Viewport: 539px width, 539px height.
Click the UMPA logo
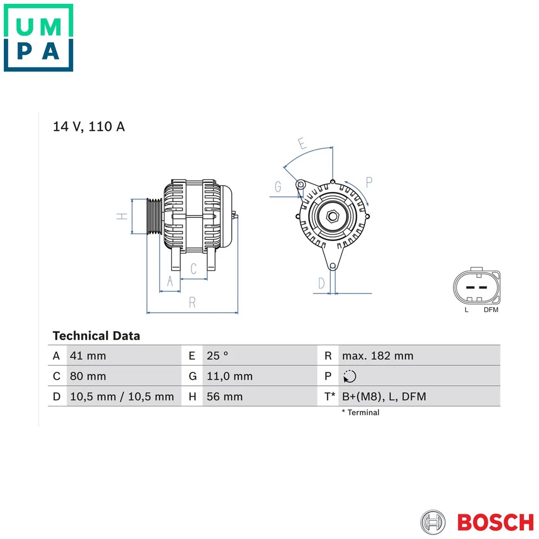(38, 38)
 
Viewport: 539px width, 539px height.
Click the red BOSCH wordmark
(495, 522)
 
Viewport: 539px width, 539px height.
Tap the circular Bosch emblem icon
(433, 522)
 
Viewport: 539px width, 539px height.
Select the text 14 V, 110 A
(89, 126)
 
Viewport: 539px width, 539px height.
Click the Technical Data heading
(96, 336)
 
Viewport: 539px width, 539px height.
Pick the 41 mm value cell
(88, 355)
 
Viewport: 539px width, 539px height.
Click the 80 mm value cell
(88, 376)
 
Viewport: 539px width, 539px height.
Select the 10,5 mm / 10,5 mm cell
(122, 396)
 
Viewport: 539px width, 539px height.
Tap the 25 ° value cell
(218, 355)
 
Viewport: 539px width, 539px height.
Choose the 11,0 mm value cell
(230, 376)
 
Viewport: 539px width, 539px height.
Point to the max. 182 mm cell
(377, 355)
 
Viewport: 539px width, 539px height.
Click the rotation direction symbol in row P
(349, 376)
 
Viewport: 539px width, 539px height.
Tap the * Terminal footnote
(360, 413)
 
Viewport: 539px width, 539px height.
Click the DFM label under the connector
(491, 309)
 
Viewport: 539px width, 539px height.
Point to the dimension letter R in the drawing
(192, 303)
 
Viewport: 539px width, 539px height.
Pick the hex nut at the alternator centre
(332, 216)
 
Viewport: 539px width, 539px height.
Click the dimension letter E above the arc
(302, 143)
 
